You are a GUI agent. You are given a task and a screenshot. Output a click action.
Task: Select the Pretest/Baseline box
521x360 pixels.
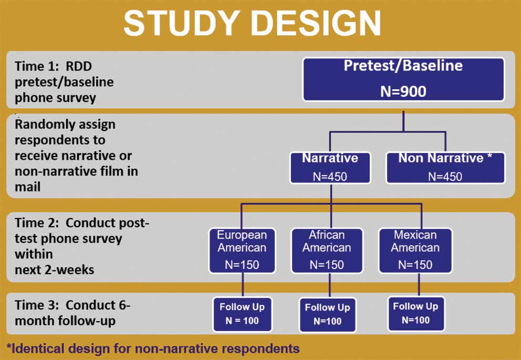point(403,79)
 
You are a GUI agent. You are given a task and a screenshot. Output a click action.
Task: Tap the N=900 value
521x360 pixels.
point(403,91)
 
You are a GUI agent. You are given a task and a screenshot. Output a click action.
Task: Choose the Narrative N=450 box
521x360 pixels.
point(330,168)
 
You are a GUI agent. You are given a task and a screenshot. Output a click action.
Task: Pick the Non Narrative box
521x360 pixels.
point(445,168)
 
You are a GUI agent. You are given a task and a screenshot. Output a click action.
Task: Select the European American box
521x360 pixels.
point(242,251)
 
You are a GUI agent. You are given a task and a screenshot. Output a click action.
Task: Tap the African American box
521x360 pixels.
point(327,251)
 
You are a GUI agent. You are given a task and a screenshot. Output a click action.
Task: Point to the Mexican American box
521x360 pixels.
point(415,251)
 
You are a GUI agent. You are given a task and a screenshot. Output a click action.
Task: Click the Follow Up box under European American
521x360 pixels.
point(242,314)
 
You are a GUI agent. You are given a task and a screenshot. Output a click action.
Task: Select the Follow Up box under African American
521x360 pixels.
point(328,314)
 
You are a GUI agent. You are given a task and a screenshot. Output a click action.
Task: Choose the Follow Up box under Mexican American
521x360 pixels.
point(415,313)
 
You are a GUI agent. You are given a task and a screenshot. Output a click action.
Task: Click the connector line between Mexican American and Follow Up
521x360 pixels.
point(419,285)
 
